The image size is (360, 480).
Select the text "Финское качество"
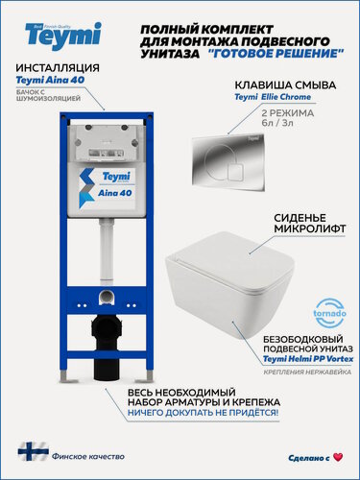[84, 450]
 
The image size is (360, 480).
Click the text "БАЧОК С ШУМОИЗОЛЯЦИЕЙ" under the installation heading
[39, 98]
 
